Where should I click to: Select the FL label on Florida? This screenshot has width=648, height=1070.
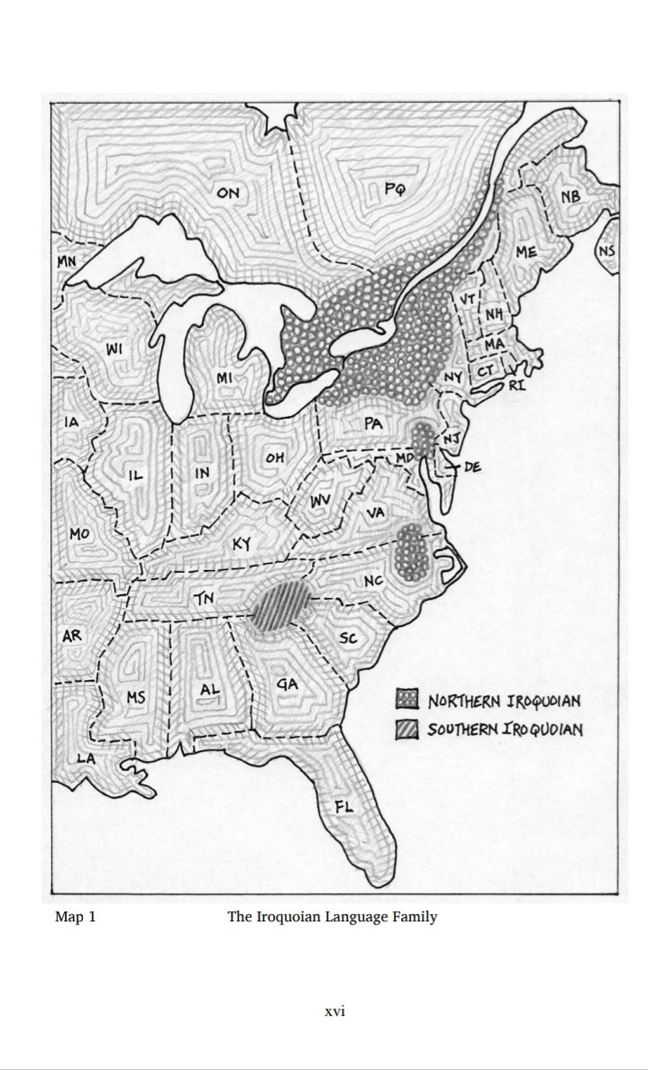(343, 806)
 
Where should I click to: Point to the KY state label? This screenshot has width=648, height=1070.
(242, 544)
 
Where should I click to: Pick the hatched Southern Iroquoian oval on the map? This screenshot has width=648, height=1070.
(278, 605)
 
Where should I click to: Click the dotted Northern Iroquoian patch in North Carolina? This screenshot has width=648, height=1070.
(412, 549)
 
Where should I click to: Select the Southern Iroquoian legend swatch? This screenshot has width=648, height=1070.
(407, 729)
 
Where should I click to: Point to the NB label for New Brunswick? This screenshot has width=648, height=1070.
(570, 197)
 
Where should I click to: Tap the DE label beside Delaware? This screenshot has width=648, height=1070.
(472, 467)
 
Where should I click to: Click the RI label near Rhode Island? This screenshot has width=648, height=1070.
(516, 385)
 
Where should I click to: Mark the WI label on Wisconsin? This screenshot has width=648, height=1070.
(115, 349)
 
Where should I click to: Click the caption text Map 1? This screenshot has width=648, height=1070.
(75, 918)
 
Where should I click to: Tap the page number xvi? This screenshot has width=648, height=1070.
(334, 1011)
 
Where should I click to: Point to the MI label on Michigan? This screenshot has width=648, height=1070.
(225, 378)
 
